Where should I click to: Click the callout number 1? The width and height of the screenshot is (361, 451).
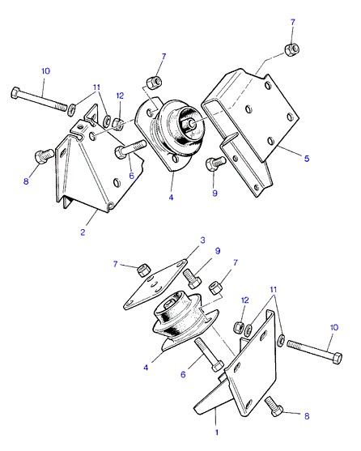coord(217,432)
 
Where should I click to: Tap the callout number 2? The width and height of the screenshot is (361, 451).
coord(83,232)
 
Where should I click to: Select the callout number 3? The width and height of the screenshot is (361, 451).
coord(202,240)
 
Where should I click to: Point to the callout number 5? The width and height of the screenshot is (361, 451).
coord(307,158)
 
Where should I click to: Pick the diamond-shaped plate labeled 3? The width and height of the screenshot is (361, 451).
coord(155,284)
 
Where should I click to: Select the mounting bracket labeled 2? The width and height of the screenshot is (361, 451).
coord(98,161)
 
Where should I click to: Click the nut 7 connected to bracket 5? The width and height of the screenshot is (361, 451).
coord(291,49)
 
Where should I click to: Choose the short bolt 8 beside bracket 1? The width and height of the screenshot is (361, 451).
coord(274,406)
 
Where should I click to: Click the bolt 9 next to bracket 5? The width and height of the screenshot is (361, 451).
coord(215,164)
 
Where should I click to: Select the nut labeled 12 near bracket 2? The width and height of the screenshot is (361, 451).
coord(117,123)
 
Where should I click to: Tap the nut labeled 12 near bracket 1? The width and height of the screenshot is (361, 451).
coord(239,327)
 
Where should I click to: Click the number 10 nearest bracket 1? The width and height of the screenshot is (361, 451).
coord(334,327)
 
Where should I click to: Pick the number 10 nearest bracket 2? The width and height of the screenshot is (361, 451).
coord(45,71)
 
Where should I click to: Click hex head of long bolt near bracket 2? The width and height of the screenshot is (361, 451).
coord(15,93)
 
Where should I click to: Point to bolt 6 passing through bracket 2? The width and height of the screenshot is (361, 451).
coord(130,147)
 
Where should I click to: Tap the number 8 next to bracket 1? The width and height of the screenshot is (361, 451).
coord(307,416)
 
